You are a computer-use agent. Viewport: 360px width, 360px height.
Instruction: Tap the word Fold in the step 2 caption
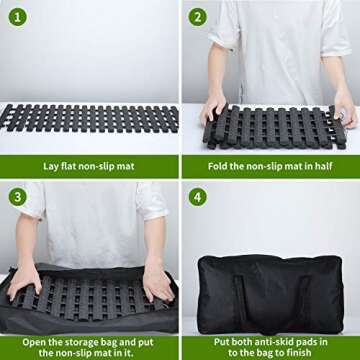[x=218, y=165]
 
